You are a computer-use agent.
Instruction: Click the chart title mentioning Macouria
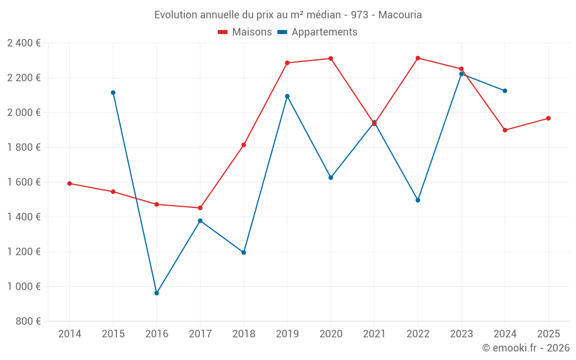pos(288,14)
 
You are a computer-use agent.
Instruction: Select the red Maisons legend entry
pos(245,32)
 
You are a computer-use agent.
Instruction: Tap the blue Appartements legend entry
pos(317,32)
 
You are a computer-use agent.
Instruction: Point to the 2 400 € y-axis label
pos(24,43)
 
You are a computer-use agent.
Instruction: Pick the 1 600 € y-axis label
pos(24,182)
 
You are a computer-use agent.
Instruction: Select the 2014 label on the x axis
pos(70,334)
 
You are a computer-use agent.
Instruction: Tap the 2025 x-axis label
pos(548,334)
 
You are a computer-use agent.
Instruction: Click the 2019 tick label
pos(287,334)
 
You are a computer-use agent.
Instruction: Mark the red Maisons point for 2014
pos(70,183)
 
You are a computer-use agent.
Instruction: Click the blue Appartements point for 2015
pos(113,92)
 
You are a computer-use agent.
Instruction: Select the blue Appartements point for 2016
pos(157,293)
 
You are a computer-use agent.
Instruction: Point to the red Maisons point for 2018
pos(244,145)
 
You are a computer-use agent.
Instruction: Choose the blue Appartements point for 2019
pos(287,96)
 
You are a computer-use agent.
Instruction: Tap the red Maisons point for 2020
pos(331,58)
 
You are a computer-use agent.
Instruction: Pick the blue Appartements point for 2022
pos(418,200)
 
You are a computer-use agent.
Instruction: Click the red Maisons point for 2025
pos(548,118)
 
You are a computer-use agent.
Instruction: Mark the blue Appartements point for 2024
pos(505,90)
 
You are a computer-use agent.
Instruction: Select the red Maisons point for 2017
pos(200,208)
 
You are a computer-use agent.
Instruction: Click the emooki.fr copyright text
pos(526,347)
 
